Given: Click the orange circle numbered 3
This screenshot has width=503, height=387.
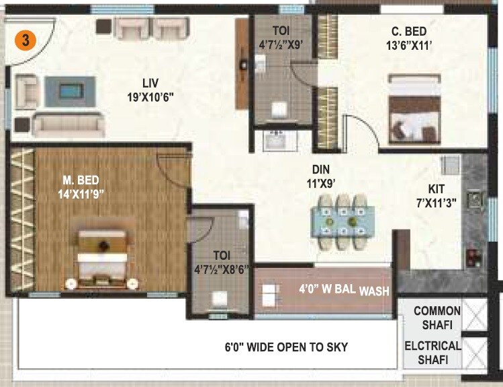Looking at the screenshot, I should click(x=25, y=40).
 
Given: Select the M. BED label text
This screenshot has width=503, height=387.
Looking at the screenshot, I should click(x=80, y=180).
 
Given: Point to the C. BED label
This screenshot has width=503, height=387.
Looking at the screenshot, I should click(x=409, y=31).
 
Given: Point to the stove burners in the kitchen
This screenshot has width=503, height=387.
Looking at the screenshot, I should click(x=473, y=256).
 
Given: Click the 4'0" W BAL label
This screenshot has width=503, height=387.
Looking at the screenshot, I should click(x=326, y=291).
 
